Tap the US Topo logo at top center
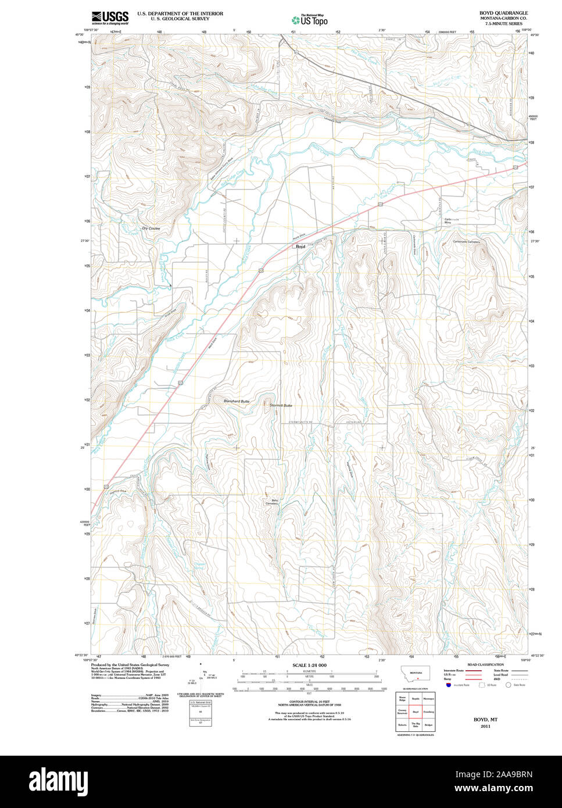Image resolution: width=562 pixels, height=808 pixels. tap(309, 20)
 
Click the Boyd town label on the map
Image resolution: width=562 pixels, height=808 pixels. tap(300, 247)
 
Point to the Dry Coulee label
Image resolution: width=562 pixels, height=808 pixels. tap(151, 228)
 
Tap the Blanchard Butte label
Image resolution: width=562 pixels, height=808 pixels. tap(237, 402)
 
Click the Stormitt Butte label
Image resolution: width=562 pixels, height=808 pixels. tap(281, 405)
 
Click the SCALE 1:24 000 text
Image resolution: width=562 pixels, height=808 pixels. tap(309, 665)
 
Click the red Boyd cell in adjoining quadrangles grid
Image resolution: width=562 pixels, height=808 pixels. tap(416, 712)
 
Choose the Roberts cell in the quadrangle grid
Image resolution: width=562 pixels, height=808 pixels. tap(402, 725)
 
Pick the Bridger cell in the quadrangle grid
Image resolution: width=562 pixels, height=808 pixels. tap(429, 725)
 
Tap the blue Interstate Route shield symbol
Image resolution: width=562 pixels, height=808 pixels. tap(449, 685)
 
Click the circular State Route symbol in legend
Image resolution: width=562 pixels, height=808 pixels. tap(508, 685)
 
